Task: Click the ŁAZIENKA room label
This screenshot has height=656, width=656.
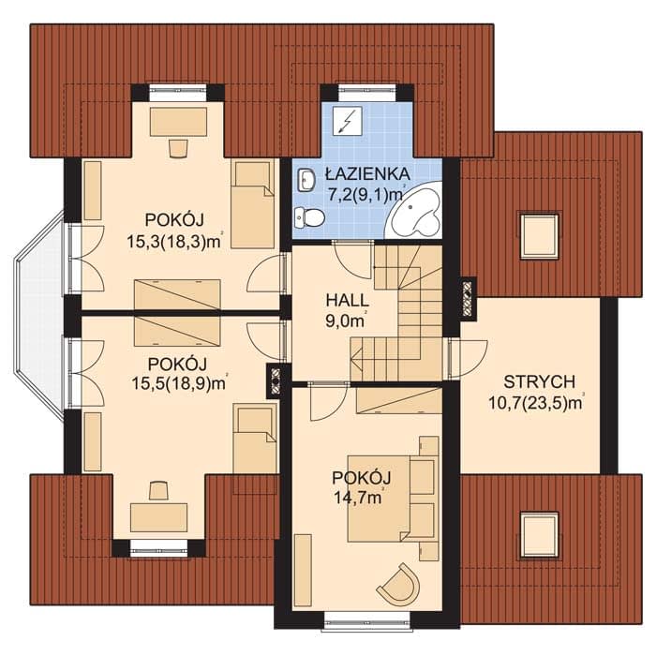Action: [x=367, y=173]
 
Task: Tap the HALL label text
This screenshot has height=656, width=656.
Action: [x=348, y=301]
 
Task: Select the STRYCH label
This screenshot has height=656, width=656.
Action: [x=539, y=382]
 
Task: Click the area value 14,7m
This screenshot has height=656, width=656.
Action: [x=358, y=498]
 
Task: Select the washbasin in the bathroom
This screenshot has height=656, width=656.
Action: [x=306, y=180]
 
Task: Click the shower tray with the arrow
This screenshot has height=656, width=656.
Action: [x=348, y=121]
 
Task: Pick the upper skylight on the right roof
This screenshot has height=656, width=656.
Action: [x=539, y=236]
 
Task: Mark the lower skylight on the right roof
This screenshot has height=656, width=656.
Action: [x=539, y=535]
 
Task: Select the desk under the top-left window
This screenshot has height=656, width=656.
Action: [x=179, y=122]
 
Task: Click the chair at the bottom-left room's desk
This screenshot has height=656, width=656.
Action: [x=158, y=490]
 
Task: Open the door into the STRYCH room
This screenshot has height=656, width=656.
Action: [x=468, y=359]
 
